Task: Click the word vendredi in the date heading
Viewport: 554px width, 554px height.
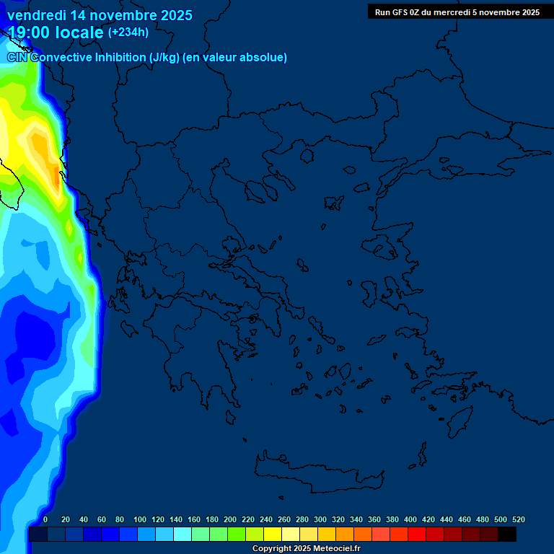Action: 35,15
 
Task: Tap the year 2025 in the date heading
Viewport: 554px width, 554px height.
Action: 172,15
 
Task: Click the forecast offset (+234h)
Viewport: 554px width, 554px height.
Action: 128,32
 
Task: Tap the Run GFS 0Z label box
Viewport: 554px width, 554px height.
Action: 457,12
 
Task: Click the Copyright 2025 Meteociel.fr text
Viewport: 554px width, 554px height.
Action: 306,548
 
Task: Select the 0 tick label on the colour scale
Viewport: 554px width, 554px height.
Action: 45,519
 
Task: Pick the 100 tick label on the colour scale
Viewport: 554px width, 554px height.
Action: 140,519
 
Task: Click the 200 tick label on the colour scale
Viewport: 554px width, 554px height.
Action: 230,519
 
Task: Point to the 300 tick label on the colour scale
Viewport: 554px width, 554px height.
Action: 320,519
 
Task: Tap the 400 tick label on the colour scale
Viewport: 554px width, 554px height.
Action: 410,519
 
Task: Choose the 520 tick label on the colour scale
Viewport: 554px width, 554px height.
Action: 518,519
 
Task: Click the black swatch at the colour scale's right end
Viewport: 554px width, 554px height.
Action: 507,535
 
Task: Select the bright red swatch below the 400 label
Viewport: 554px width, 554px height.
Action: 417,535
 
